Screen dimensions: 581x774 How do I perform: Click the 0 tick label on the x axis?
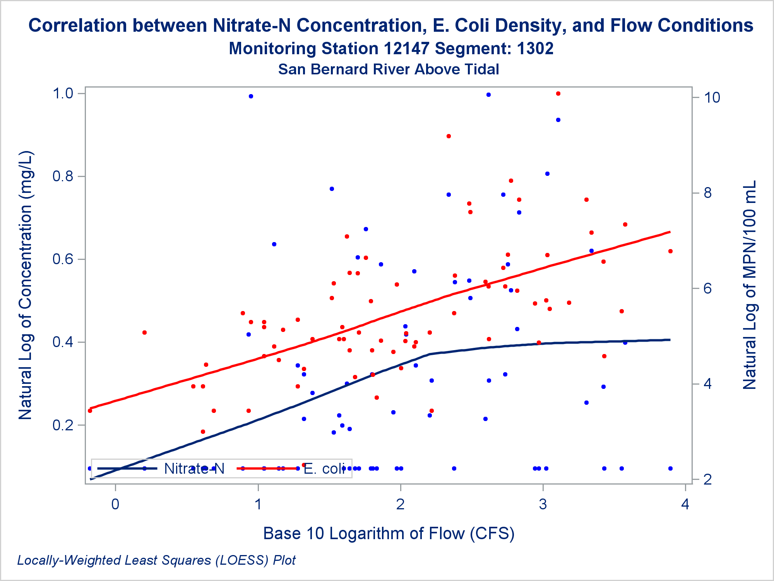click(115, 504)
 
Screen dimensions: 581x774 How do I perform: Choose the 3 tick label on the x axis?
click(543, 504)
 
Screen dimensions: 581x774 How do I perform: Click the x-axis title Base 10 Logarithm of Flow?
click(389, 533)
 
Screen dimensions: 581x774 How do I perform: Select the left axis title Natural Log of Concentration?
click(26, 285)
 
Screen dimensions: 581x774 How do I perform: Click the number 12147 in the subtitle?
click(406, 48)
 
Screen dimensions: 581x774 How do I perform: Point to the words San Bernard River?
click(344, 69)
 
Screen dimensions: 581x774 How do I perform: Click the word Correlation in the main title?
click(78, 26)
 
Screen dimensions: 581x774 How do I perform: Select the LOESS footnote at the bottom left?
click(156, 560)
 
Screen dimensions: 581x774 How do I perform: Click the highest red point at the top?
click(558, 94)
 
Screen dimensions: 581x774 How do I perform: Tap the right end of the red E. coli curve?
click(670, 232)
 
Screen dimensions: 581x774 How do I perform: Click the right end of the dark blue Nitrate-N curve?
click(670, 340)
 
